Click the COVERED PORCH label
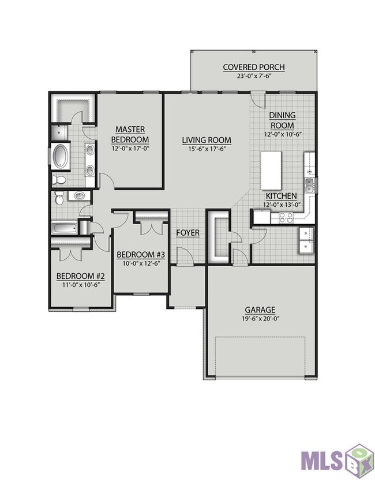254,67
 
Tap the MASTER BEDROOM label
130,135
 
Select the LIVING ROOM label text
207,140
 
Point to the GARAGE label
260,310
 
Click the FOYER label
188,233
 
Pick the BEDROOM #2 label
81,277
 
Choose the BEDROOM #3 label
141,254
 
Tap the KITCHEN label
281,196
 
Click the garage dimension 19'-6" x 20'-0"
260,318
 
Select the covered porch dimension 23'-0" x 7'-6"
254,75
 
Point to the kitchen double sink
309,185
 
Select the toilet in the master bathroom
59,180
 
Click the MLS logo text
322,461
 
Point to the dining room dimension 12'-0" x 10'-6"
283,134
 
